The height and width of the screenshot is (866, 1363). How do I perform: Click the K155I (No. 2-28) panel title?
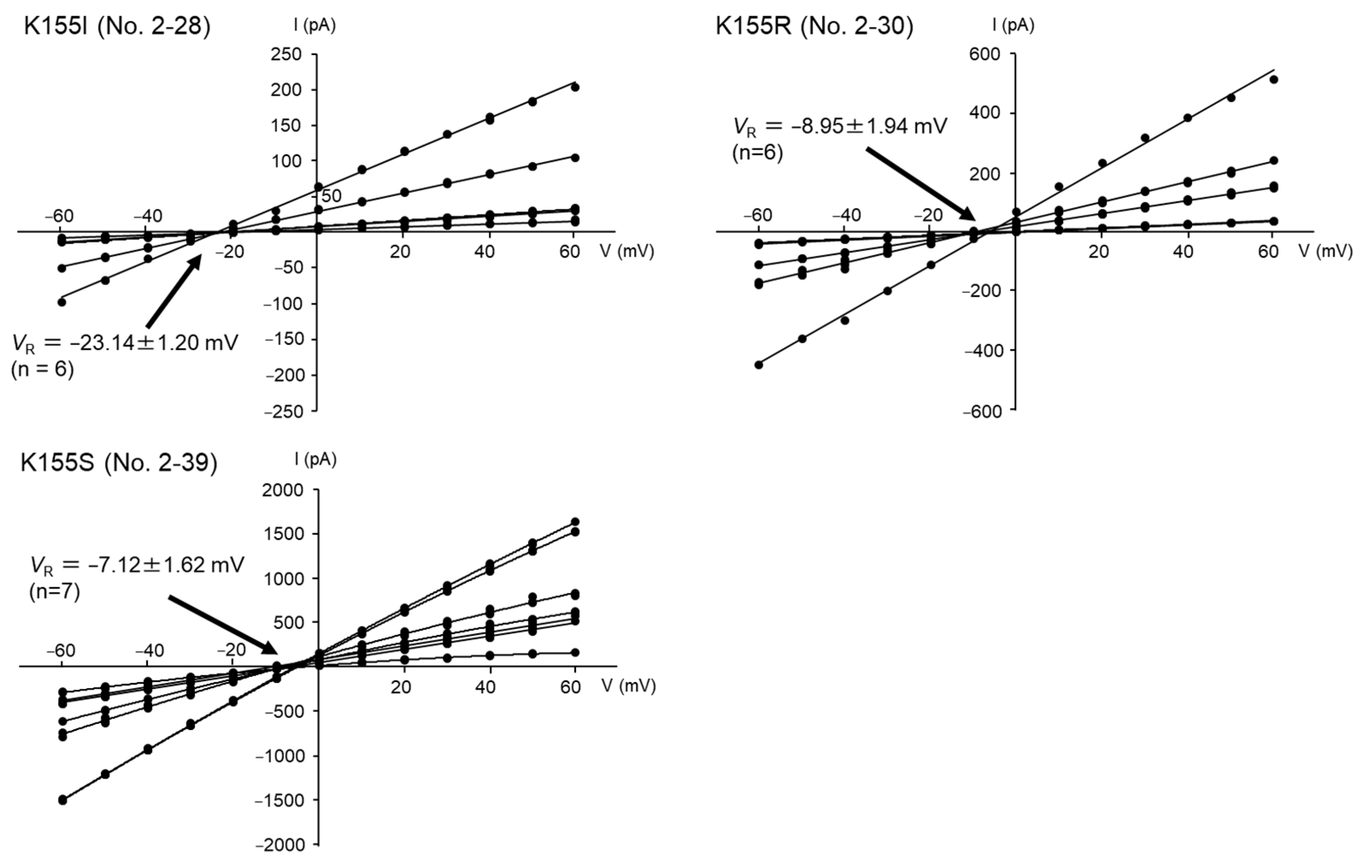coord(117,26)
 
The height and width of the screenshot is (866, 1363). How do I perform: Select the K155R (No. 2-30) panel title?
coord(814,26)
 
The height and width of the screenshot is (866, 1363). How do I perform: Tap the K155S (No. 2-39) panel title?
coord(119,463)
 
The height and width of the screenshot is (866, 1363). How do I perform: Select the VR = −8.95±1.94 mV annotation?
coord(840,126)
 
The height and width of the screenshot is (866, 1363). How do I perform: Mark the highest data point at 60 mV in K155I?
coord(575,87)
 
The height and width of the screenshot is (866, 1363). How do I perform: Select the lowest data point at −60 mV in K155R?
coord(759,365)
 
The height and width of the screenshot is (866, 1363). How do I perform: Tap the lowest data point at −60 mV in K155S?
coord(63,800)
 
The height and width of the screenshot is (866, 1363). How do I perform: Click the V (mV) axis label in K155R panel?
coord(1325,251)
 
